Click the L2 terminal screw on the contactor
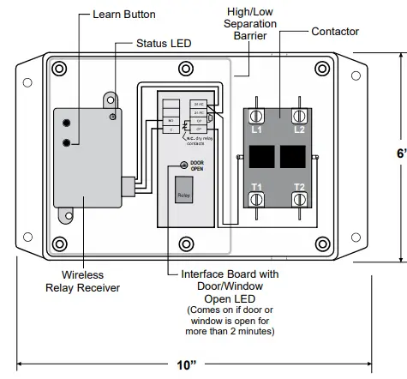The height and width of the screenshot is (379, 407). click(299, 114)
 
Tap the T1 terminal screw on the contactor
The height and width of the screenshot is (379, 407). click(254, 199)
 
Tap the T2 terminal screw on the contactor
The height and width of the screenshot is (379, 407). click(299, 199)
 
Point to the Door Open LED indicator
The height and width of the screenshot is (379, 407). click(183, 165)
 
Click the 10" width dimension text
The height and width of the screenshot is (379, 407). click(187, 364)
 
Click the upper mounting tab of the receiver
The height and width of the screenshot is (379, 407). click(109, 100)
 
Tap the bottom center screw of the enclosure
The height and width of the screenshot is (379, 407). click(184, 241)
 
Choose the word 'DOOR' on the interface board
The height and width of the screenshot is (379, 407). click(197, 161)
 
